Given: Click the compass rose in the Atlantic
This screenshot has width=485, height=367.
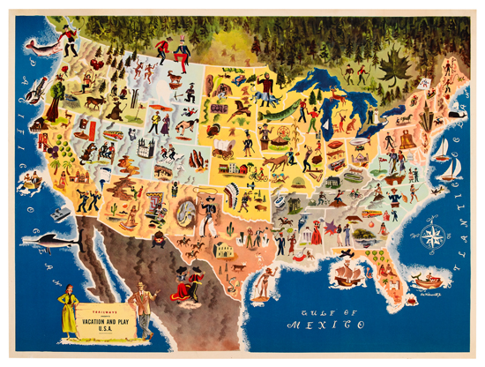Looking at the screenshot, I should [x=433, y=236].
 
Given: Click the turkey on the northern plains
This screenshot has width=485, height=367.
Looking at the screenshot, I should [x=217, y=129].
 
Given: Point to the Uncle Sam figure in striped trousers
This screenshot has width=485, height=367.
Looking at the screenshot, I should [x=182, y=54].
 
